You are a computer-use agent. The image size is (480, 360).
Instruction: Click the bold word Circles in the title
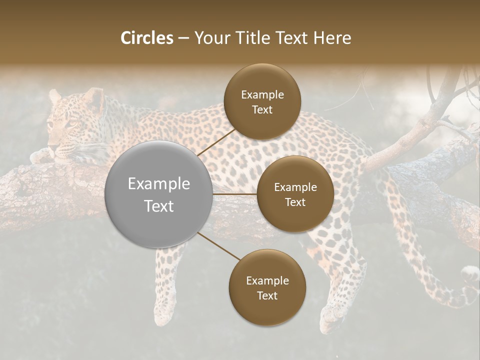(147, 38)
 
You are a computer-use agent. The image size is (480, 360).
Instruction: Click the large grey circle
(159, 194)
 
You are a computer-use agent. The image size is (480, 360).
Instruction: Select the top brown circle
(262, 102)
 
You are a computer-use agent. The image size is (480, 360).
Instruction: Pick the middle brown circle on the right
(295, 194)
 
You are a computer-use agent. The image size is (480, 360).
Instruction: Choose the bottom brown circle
(267, 288)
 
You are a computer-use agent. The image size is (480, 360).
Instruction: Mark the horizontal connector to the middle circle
(235, 194)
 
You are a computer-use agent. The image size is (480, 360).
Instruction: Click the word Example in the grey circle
(159, 184)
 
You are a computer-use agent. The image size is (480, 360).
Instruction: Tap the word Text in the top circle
(262, 110)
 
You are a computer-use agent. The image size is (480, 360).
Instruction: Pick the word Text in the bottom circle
(267, 296)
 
